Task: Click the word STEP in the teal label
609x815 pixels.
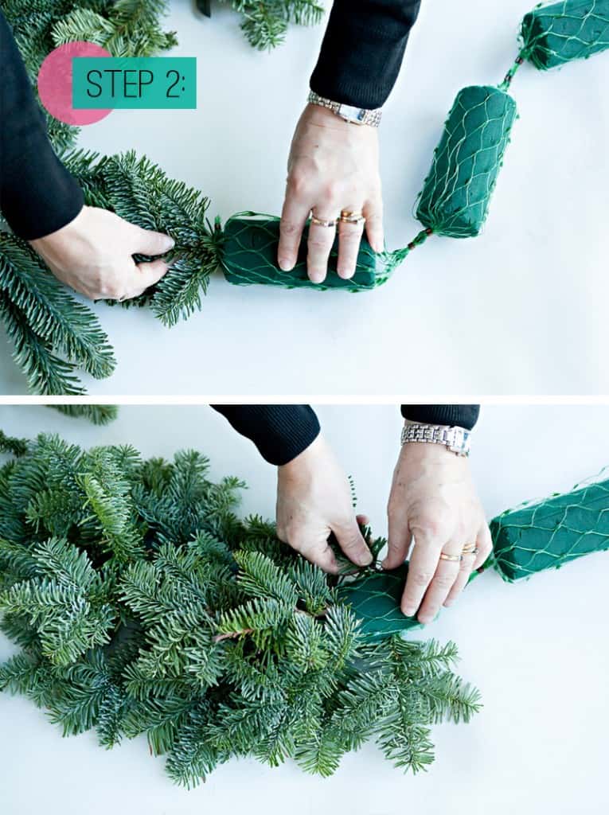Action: (120, 83)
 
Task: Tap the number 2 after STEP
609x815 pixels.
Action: (174, 83)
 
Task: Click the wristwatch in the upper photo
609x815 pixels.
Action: (345, 110)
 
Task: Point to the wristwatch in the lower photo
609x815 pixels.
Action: (435, 438)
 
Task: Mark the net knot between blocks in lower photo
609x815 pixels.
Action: (481, 568)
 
